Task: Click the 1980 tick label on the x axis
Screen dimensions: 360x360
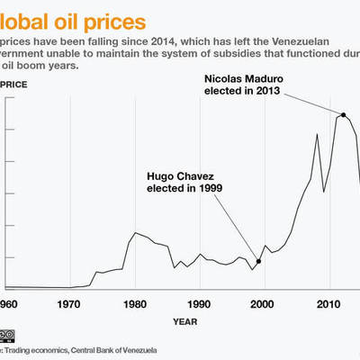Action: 135,303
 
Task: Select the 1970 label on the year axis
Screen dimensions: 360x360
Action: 70,303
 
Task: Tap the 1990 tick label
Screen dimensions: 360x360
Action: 199,303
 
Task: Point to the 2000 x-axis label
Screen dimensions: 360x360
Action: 263,303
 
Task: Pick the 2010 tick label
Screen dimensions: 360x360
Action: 327,303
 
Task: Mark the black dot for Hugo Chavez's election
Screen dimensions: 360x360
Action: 258,261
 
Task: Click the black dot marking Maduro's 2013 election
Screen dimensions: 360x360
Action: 343,114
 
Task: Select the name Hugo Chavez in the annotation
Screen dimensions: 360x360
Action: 179,177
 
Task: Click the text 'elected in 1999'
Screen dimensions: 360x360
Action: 184,189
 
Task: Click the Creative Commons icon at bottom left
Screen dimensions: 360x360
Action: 6,336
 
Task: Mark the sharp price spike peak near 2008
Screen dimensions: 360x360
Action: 317,134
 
